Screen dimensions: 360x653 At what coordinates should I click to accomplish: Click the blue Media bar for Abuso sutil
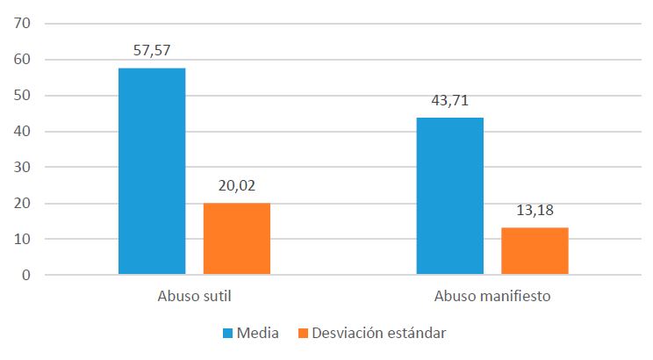[x=152, y=171]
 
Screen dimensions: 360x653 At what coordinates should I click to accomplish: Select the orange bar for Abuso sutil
[x=237, y=239]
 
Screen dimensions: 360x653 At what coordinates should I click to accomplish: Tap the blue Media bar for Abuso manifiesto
[x=449, y=196]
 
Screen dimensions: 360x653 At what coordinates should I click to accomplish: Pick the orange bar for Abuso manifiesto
[x=535, y=251]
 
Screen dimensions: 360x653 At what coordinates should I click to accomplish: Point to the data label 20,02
[x=237, y=186]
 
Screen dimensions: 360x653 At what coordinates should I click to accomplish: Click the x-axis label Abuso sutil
[x=194, y=297]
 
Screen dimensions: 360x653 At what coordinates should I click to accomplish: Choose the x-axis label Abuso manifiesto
[x=492, y=297]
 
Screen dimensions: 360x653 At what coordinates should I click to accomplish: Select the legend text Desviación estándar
[x=378, y=334]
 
